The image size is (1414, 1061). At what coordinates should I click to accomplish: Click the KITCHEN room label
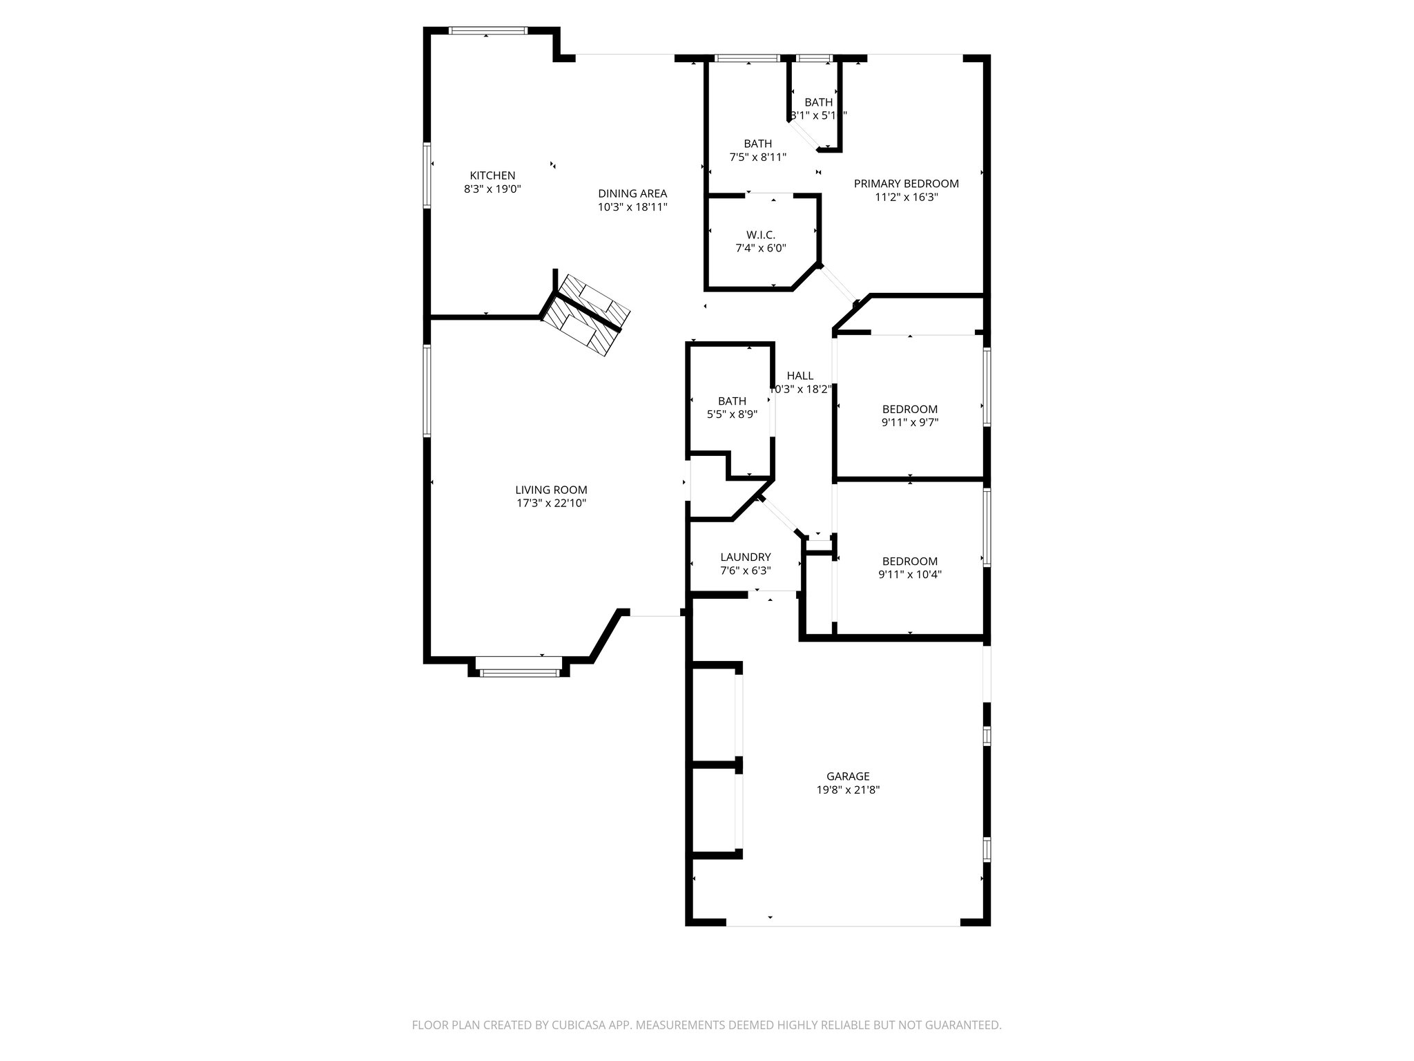[492, 175]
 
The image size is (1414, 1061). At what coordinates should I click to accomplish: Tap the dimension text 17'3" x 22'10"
[551, 504]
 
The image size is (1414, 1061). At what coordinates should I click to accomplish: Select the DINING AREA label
[632, 193]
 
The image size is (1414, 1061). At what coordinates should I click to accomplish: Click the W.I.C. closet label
[760, 235]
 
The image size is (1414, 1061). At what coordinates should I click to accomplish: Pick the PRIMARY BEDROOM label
[906, 184]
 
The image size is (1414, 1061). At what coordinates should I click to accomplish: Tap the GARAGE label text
[848, 776]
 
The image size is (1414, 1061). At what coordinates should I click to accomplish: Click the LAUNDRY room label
[745, 557]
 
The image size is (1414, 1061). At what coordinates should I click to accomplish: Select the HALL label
[800, 376]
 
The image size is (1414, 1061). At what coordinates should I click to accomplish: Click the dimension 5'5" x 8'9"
[732, 414]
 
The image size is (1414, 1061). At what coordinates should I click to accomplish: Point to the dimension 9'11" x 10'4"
[909, 574]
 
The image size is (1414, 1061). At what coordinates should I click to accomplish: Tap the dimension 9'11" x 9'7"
[909, 422]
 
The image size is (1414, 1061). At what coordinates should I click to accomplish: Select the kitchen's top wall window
[487, 30]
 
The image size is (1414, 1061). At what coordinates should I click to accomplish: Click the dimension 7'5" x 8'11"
[757, 157]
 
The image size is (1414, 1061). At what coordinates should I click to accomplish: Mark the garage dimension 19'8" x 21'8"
[848, 790]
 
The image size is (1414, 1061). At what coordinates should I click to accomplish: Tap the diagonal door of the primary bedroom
[837, 284]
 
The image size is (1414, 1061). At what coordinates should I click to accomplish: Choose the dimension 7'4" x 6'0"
[760, 248]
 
